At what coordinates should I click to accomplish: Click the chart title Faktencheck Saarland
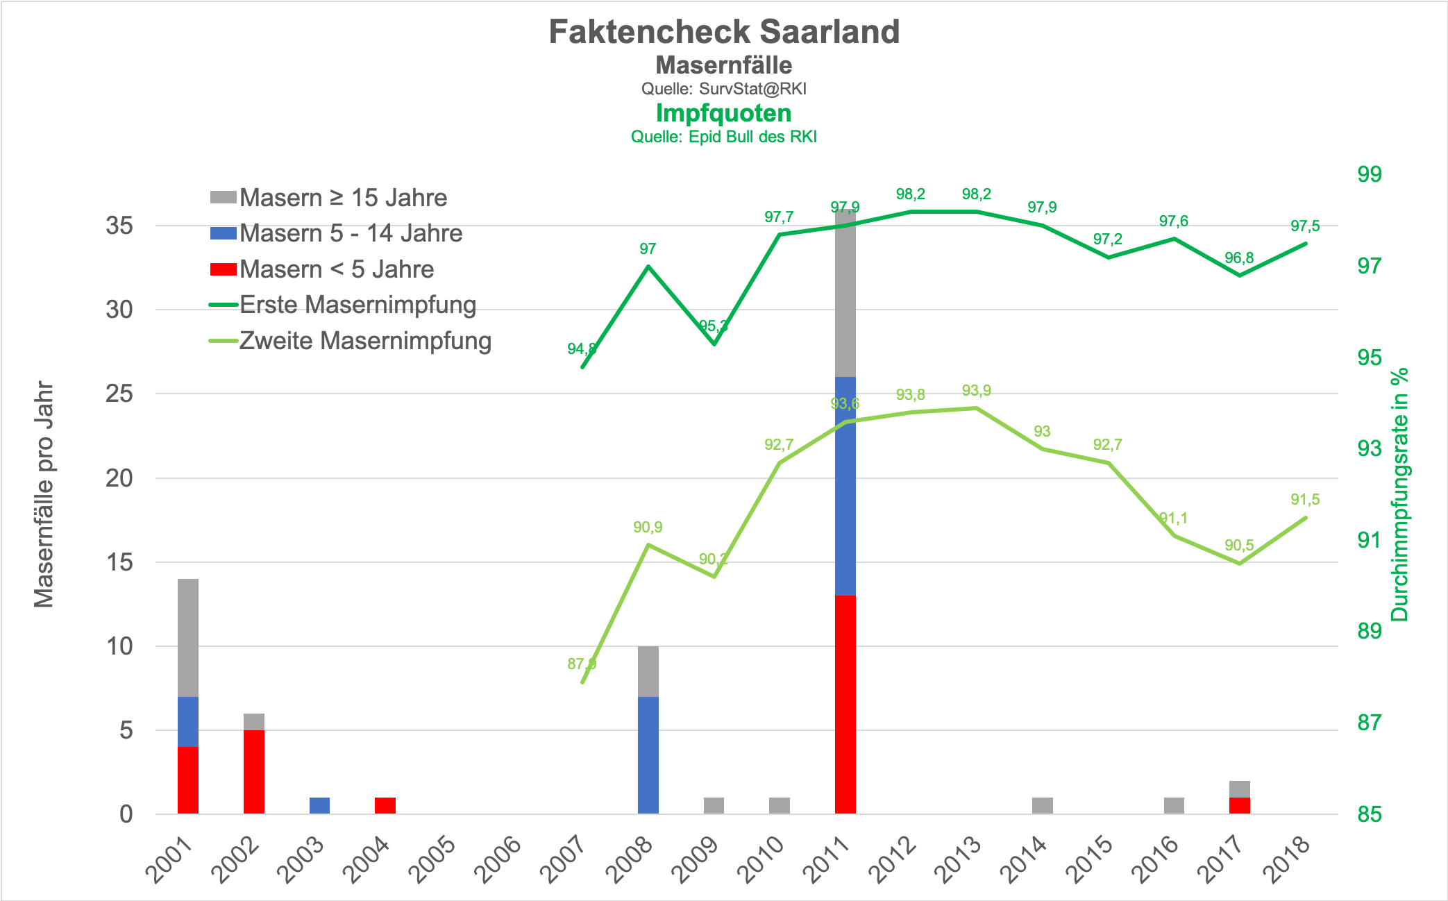724,32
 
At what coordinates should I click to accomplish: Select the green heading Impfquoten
723,113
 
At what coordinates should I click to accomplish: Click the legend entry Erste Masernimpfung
357,305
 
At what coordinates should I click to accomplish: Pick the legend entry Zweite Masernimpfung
365,341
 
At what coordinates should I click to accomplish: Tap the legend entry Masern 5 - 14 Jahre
351,233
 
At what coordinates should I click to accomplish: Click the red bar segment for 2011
845,704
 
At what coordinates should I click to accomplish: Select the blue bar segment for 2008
648,755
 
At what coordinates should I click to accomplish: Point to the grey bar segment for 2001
188,637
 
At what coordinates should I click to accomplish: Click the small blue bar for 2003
319,805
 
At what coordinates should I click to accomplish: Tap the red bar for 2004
385,805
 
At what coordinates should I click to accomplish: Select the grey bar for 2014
1042,805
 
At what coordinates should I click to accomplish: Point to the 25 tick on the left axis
119,394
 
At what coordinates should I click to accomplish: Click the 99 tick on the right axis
1369,174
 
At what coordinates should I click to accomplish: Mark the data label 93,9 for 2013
976,391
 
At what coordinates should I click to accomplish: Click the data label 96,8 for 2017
1239,258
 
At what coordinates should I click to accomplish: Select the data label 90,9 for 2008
648,528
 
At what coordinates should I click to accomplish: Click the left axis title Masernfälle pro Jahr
44,494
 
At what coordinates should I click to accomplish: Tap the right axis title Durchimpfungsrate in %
1399,494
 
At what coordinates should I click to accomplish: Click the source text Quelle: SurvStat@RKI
723,89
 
